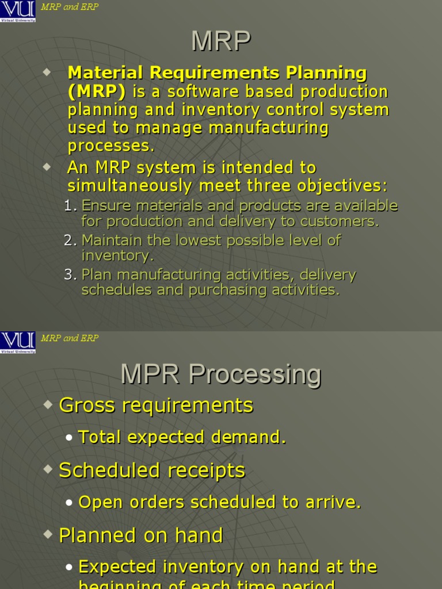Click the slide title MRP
[x=221, y=41]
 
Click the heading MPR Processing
[x=221, y=375]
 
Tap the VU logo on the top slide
[x=18, y=12]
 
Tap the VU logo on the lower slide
[x=18, y=342]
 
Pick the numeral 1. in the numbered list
[x=70, y=206]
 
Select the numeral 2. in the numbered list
[x=70, y=240]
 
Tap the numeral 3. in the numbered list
[x=70, y=275]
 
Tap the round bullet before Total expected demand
[x=69, y=438]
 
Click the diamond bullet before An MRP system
[x=47, y=167]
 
